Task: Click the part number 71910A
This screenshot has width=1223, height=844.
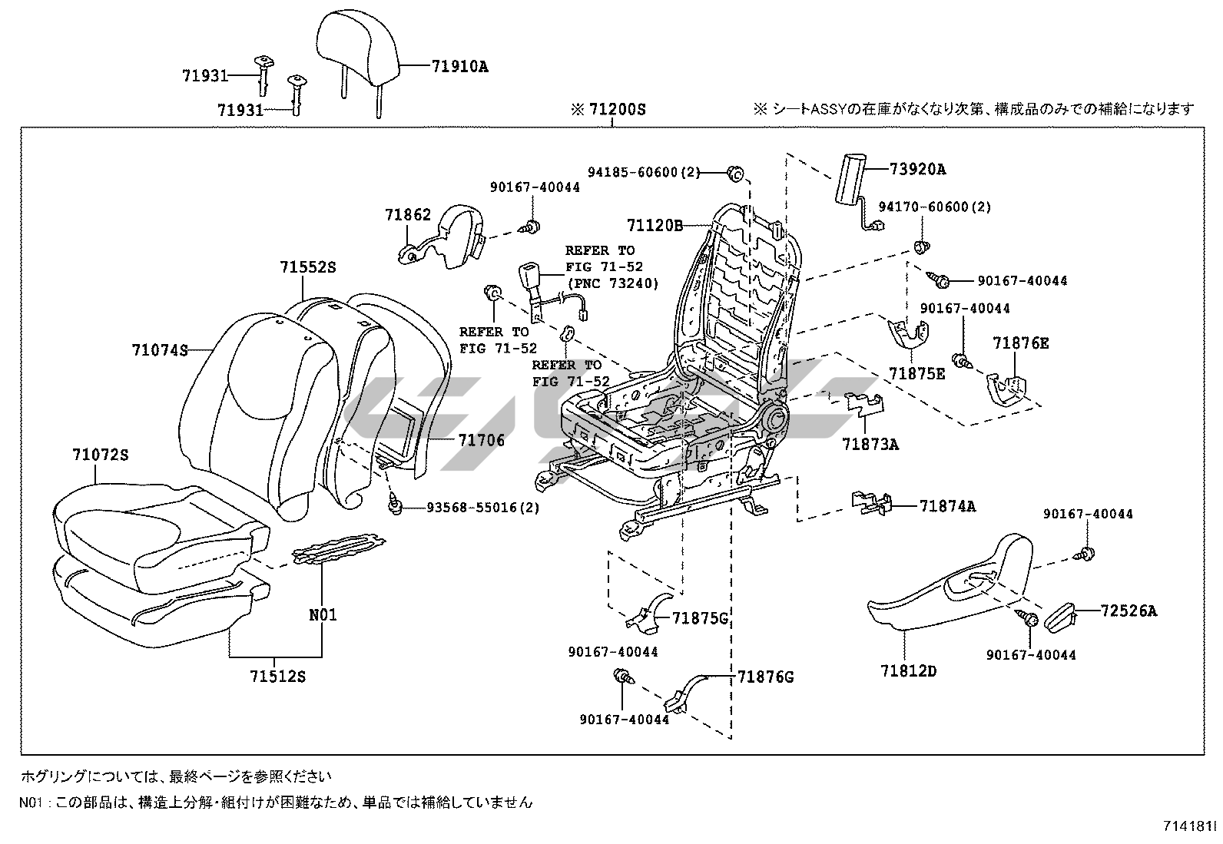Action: (x=459, y=66)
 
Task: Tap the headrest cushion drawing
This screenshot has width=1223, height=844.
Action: (x=359, y=48)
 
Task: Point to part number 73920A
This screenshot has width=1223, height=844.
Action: (x=918, y=169)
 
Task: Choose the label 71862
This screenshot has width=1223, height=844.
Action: (x=408, y=216)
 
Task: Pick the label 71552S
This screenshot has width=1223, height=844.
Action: (x=307, y=267)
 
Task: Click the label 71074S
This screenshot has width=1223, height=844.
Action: (x=160, y=350)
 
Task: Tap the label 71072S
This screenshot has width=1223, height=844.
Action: (x=101, y=455)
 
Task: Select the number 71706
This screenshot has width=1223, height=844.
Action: (x=482, y=440)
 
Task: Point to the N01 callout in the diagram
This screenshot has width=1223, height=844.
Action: (x=323, y=614)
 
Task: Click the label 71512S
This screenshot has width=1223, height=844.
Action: (x=277, y=676)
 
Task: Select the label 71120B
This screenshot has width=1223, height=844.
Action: (x=655, y=225)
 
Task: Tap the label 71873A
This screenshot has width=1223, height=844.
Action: (x=870, y=444)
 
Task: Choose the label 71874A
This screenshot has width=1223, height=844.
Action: (x=947, y=506)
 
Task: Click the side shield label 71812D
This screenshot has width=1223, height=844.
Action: (x=909, y=671)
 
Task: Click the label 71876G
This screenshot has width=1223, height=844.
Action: (x=765, y=677)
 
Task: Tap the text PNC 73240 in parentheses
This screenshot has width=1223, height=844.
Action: (x=612, y=283)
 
